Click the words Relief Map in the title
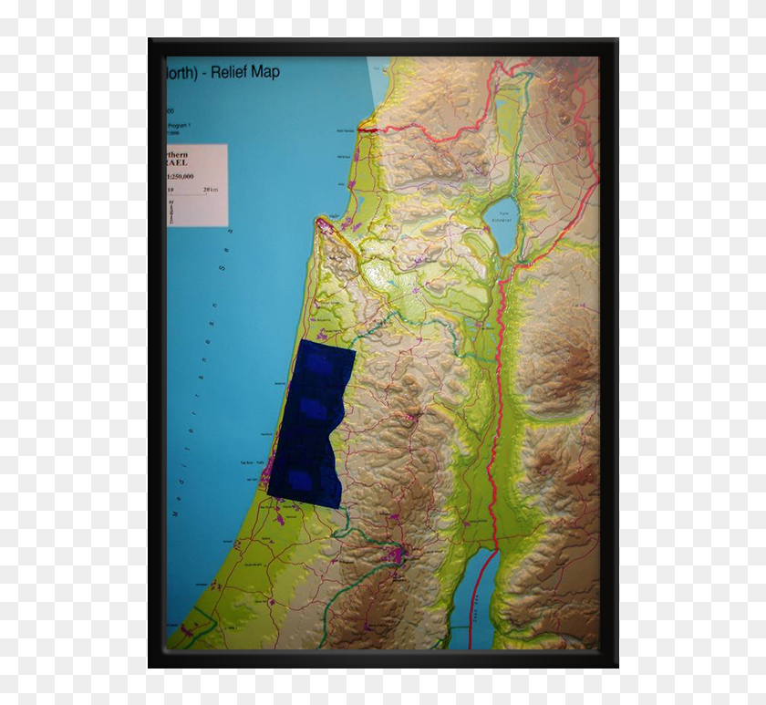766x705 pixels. pyautogui.click(x=245, y=72)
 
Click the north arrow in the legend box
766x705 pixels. pyautogui.click(x=171, y=213)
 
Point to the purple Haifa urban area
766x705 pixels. pyautogui.click(x=325, y=228)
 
